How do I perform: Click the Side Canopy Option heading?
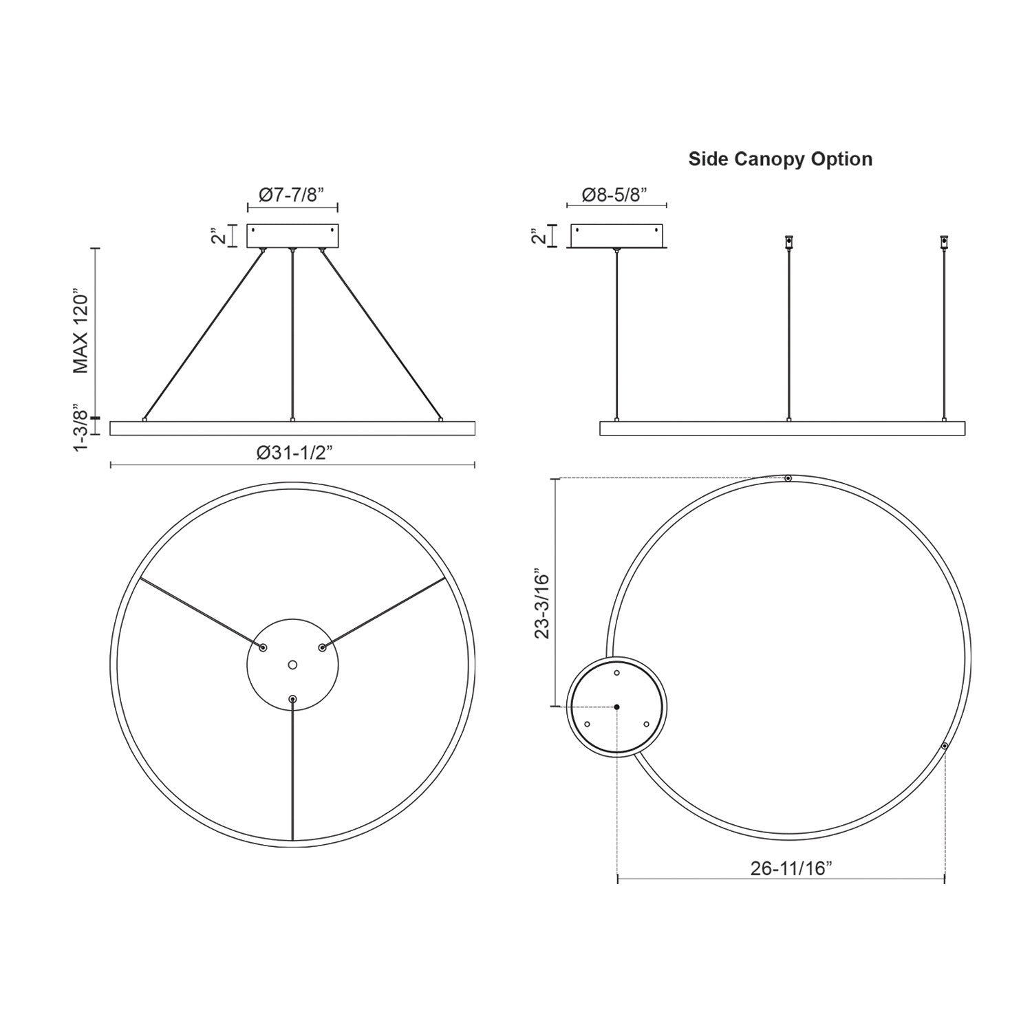tap(780, 159)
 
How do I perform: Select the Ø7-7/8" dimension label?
tap(292, 195)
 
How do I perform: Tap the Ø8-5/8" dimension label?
tap(614, 195)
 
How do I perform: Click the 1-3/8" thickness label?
tap(82, 430)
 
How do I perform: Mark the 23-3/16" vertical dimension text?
tap(543, 603)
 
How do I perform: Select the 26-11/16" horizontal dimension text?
tap(791, 868)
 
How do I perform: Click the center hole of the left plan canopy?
tap(292, 665)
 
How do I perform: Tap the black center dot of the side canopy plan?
tap(617, 707)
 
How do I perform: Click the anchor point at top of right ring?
tap(788, 478)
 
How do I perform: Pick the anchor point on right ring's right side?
tap(945, 746)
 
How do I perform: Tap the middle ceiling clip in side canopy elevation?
tap(788, 242)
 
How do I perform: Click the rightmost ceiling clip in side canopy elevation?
tap(944, 242)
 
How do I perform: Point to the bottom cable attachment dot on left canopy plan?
tap(293, 699)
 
